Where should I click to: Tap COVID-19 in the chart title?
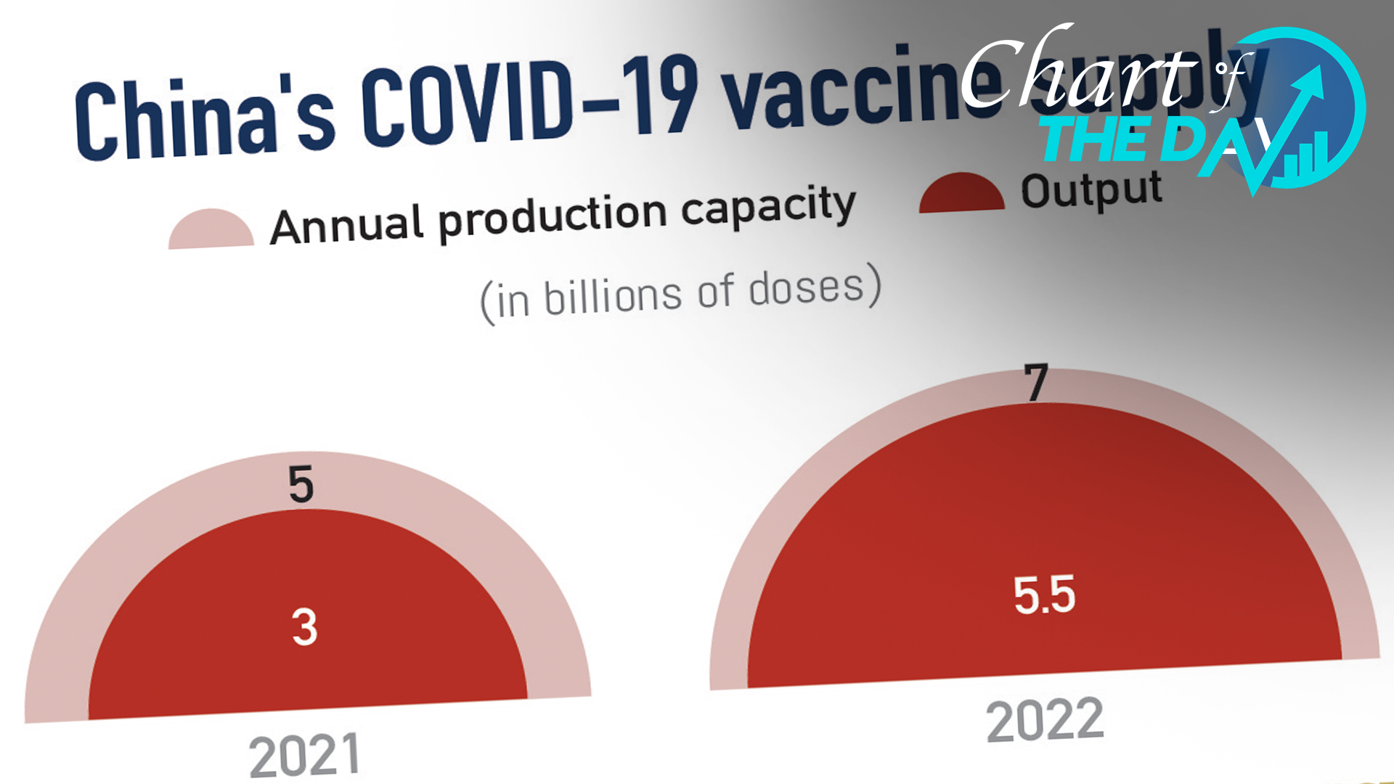click(530, 101)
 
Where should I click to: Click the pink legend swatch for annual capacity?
click(211, 230)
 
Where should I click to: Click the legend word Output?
click(1091, 190)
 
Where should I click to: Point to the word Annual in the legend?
click(346, 225)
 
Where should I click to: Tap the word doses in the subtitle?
click(807, 287)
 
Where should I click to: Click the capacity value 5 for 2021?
click(301, 484)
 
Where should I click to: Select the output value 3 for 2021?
click(305, 626)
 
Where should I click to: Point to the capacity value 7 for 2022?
click(1036, 383)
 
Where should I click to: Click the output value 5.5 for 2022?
click(1044, 595)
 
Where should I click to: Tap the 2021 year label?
click(304, 755)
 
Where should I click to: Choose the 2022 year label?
click(1045, 720)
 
